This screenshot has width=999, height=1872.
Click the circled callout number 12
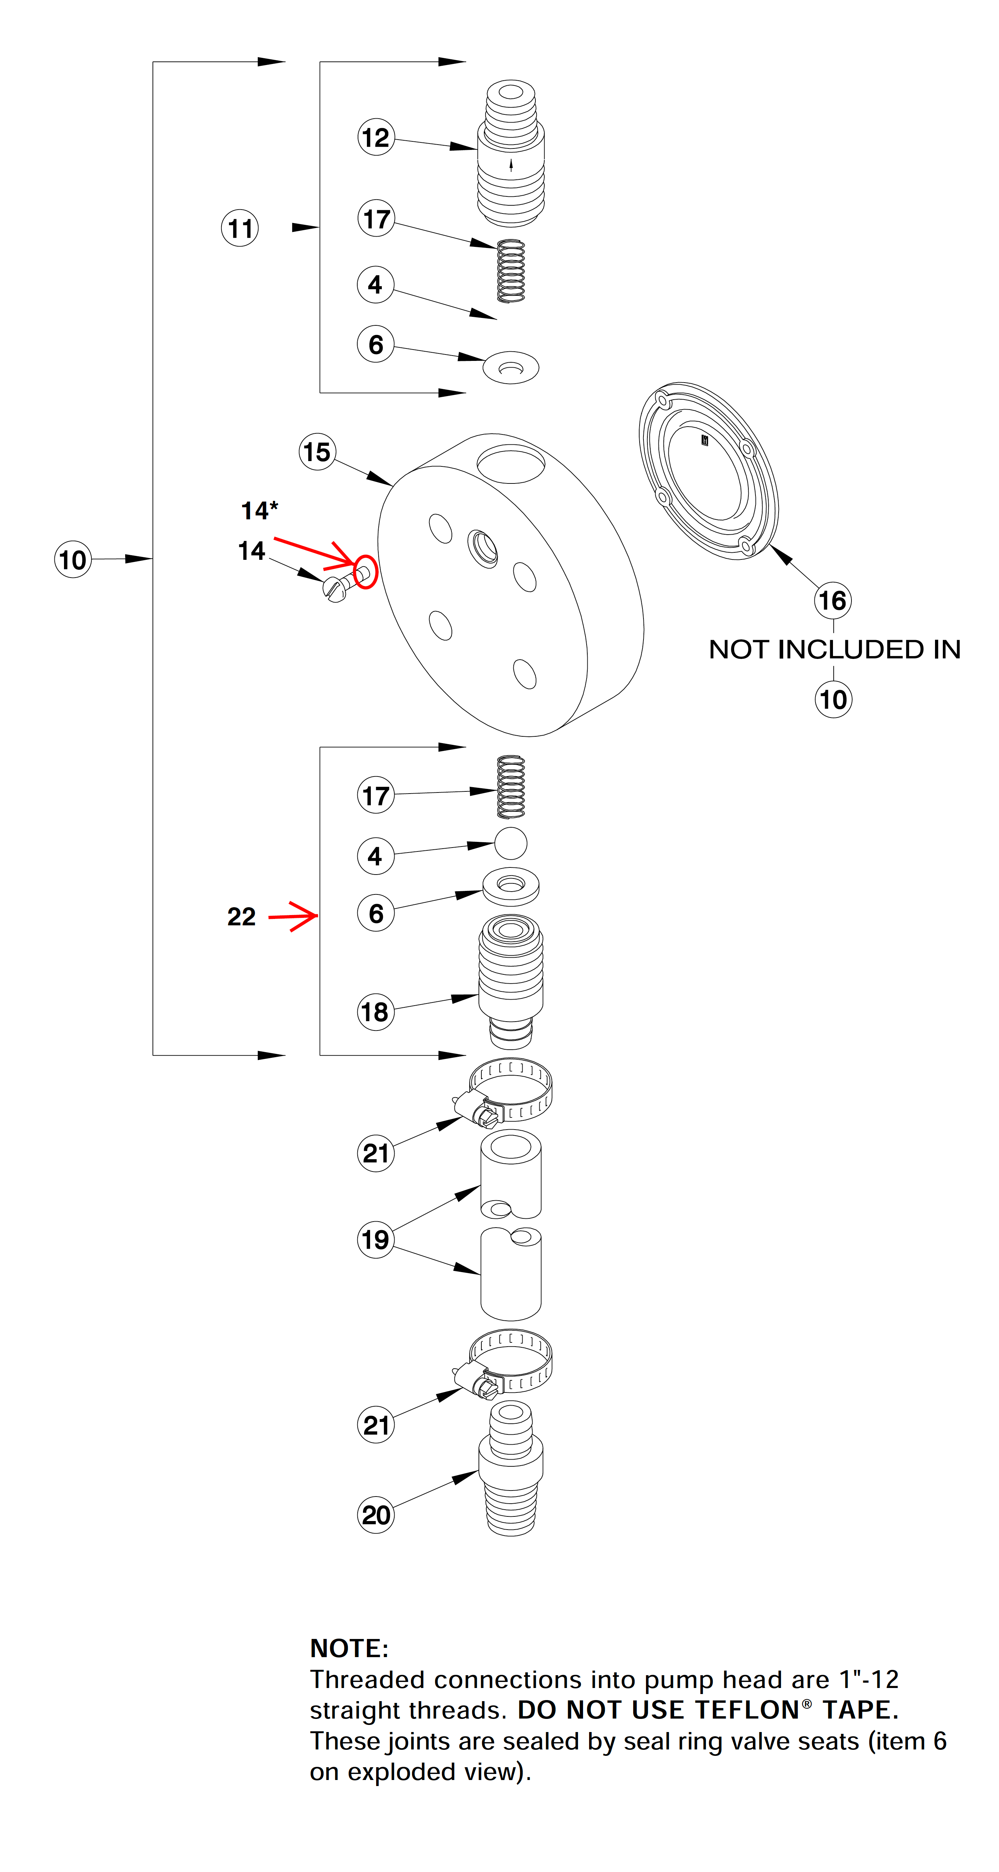coord(376,137)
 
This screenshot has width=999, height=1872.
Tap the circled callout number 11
coord(240,228)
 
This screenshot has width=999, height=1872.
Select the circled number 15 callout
coord(317,452)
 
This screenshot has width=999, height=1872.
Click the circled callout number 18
coord(376,1012)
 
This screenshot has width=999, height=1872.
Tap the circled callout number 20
coord(376,1515)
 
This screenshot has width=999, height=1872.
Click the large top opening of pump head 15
coord(511,465)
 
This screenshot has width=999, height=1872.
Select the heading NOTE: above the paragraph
coord(349,1648)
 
